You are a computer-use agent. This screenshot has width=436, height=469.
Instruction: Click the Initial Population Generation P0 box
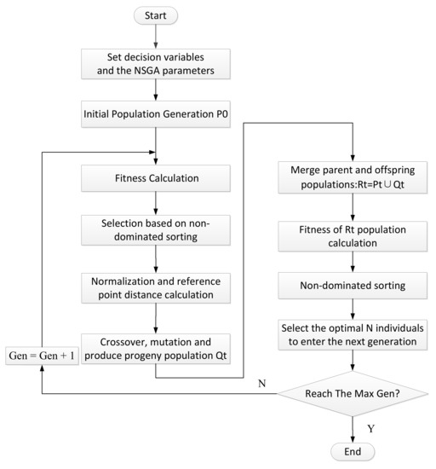pos(155,115)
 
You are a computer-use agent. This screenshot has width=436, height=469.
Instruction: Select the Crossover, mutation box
pos(155,346)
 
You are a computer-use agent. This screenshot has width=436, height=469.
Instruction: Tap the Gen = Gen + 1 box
pos(42,353)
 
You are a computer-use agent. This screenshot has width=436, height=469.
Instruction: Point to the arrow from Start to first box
pos(155,35)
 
